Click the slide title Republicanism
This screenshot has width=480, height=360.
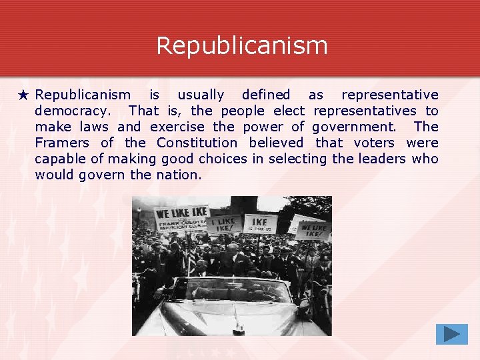(x=241, y=46)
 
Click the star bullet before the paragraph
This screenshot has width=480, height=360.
(x=24, y=95)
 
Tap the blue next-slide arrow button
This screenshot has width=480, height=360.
(x=451, y=333)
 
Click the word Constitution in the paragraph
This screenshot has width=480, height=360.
(x=197, y=143)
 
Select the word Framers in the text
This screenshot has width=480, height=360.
(x=62, y=143)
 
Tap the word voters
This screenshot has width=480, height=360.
(x=374, y=143)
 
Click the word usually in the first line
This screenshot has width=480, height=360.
(x=201, y=95)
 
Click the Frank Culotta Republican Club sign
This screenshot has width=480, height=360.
(x=181, y=220)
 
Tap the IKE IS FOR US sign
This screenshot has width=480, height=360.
(x=260, y=223)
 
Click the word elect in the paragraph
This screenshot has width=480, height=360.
(x=289, y=111)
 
